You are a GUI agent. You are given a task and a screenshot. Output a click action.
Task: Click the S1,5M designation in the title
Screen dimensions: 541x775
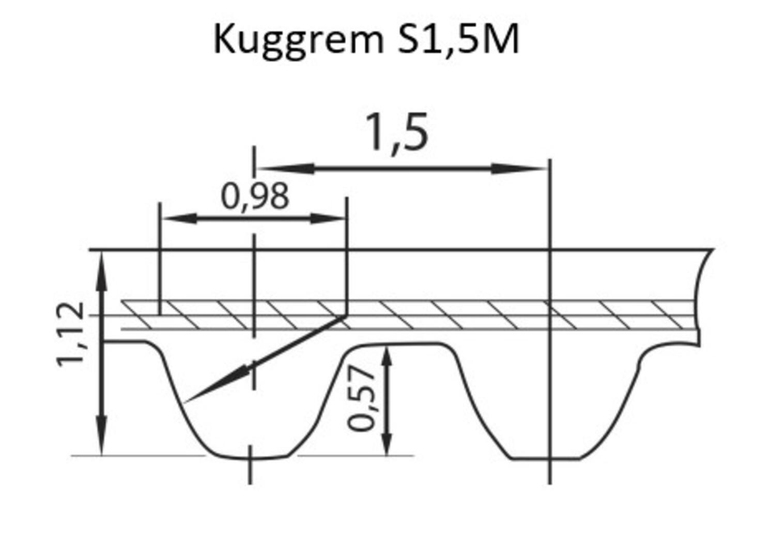[458, 39]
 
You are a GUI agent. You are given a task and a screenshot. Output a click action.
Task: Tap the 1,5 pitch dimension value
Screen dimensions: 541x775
[397, 132]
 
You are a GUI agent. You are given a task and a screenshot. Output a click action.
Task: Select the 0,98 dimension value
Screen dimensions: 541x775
[255, 197]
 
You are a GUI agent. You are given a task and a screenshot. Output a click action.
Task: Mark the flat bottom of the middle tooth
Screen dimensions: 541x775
[545, 459]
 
